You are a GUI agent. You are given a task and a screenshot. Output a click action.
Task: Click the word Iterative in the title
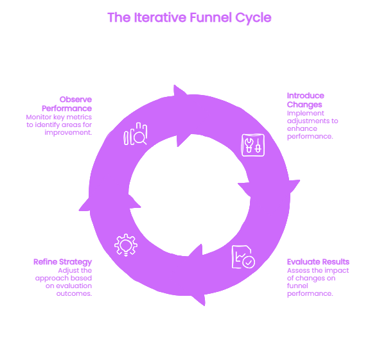click(160, 17)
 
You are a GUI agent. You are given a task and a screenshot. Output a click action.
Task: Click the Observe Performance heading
click(67, 104)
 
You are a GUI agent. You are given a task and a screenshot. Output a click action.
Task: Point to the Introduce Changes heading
click(306, 100)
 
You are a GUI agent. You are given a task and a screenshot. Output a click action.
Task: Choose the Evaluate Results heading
click(318, 262)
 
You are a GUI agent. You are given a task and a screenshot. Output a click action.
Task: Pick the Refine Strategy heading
click(62, 262)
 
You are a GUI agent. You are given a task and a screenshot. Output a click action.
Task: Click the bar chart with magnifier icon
click(136, 133)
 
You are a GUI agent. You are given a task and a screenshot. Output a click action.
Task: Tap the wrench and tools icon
click(253, 145)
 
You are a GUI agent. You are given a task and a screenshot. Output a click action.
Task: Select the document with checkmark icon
click(243, 257)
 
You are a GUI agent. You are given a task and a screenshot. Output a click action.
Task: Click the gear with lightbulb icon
click(126, 245)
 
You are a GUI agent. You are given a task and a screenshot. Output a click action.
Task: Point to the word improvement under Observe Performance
click(68, 133)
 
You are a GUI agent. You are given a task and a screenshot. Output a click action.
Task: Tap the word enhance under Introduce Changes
click(302, 128)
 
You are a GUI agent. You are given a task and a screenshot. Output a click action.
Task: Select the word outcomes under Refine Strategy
click(74, 294)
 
